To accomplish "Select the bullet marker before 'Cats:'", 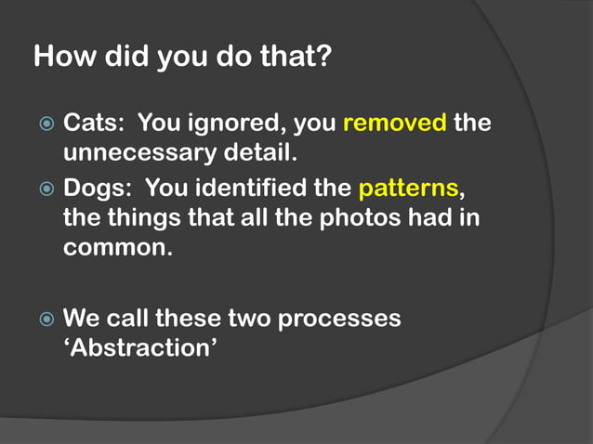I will click(47, 124).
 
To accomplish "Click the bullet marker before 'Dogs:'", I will click(47, 190).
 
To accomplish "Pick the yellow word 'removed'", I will click(395, 124).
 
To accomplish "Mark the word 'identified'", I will click(250, 189).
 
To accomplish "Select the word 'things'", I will click(151, 220).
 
